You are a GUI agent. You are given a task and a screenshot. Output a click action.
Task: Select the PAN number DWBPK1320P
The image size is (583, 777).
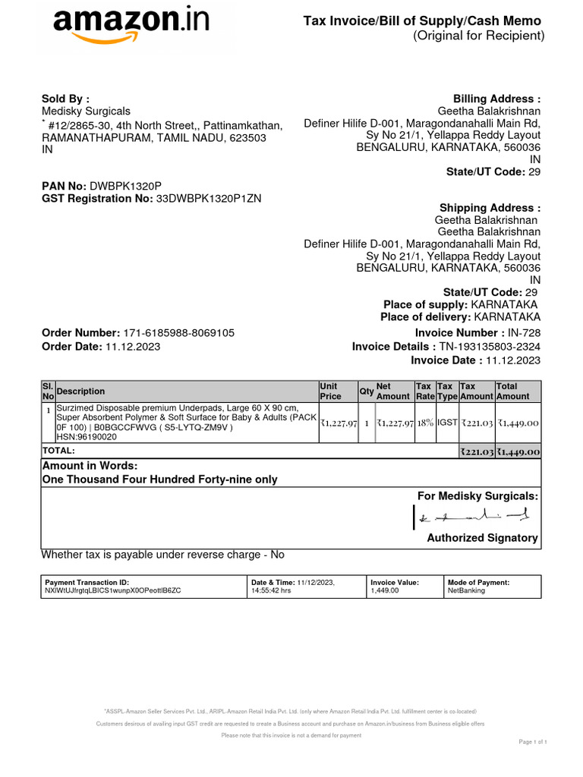click(126, 186)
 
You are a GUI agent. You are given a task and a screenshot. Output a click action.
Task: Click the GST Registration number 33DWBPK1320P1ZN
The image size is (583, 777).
click(209, 199)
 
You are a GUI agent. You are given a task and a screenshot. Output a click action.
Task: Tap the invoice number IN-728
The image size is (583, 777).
click(524, 333)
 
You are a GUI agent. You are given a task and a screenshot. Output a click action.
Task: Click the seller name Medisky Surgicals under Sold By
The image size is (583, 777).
click(86, 112)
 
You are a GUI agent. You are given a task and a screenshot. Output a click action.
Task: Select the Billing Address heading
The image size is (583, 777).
click(496, 99)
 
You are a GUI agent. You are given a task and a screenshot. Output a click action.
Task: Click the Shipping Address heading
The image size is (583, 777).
click(490, 208)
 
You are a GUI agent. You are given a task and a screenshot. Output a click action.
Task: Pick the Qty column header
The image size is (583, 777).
click(366, 392)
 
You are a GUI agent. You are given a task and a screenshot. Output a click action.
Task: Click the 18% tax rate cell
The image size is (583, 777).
click(425, 423)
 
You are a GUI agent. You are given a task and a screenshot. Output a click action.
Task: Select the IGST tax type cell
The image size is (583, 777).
click(447, 423)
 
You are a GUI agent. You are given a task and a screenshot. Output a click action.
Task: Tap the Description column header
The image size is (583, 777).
click(81, 392)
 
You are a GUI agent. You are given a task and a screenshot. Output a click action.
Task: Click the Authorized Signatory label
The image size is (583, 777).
click(482, 538)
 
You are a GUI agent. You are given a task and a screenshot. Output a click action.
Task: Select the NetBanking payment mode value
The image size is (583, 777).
click(467, 590)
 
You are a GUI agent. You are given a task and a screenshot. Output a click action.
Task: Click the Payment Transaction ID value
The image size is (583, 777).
click(113, 590)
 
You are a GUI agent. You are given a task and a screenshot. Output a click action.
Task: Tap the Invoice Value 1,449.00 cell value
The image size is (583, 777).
click(384, 590)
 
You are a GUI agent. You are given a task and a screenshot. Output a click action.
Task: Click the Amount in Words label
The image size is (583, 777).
click(90, 466)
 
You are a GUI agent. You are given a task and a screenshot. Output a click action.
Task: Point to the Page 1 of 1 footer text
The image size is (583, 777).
click(533, 741)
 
